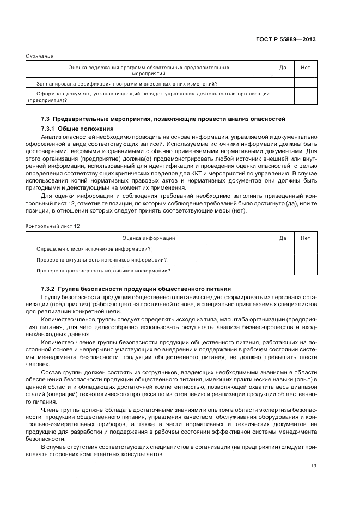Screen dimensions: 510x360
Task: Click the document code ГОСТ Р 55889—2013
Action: [286, 40]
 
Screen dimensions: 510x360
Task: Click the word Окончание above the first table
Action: [40, 56]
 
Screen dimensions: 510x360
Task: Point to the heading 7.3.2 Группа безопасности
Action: [136, 288]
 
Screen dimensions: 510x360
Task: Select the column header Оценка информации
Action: [148, 238]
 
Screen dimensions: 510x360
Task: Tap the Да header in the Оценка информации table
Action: [283, 238]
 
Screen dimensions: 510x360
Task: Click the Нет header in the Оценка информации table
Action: [305, 238]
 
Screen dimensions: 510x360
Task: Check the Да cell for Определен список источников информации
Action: [283, 248]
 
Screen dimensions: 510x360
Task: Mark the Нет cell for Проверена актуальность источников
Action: [305, 259]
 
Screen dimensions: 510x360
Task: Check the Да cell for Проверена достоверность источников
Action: [283, 270]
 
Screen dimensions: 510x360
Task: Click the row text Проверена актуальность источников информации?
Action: [101, 259]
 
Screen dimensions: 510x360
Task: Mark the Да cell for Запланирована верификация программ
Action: [283, 83]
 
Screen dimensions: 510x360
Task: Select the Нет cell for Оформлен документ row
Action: [305, 96]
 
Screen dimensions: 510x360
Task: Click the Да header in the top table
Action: [283, 68]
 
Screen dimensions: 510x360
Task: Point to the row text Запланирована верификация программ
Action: [127, 83]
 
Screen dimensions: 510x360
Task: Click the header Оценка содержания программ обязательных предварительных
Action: [148, 68]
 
